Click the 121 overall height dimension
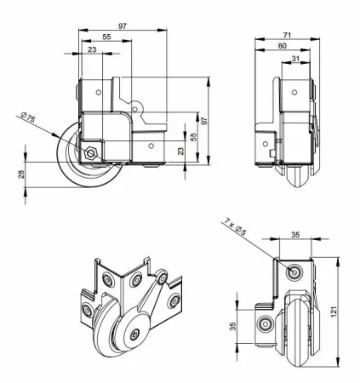point(344,310)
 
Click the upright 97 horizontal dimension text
point(123,27)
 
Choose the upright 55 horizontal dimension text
point(106,39)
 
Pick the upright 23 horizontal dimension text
point(93,50)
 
